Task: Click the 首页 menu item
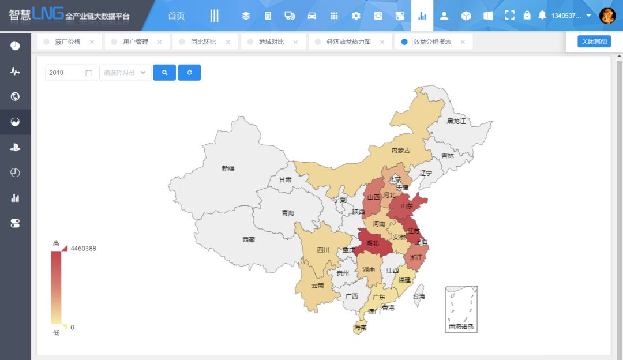177,16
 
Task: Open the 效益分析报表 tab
432,42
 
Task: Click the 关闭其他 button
594,42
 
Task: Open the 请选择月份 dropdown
125,73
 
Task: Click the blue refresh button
189,73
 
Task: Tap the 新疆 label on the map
228,168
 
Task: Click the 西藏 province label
248,239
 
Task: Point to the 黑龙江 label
456,121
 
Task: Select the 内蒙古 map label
400,151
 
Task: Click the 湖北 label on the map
372,243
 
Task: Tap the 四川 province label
323,250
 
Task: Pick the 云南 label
317,286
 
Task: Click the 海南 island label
360,327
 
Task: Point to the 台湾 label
418,296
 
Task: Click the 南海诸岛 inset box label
461,327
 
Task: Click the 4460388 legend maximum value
83,249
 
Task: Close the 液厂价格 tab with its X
92,42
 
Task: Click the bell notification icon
542,16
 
